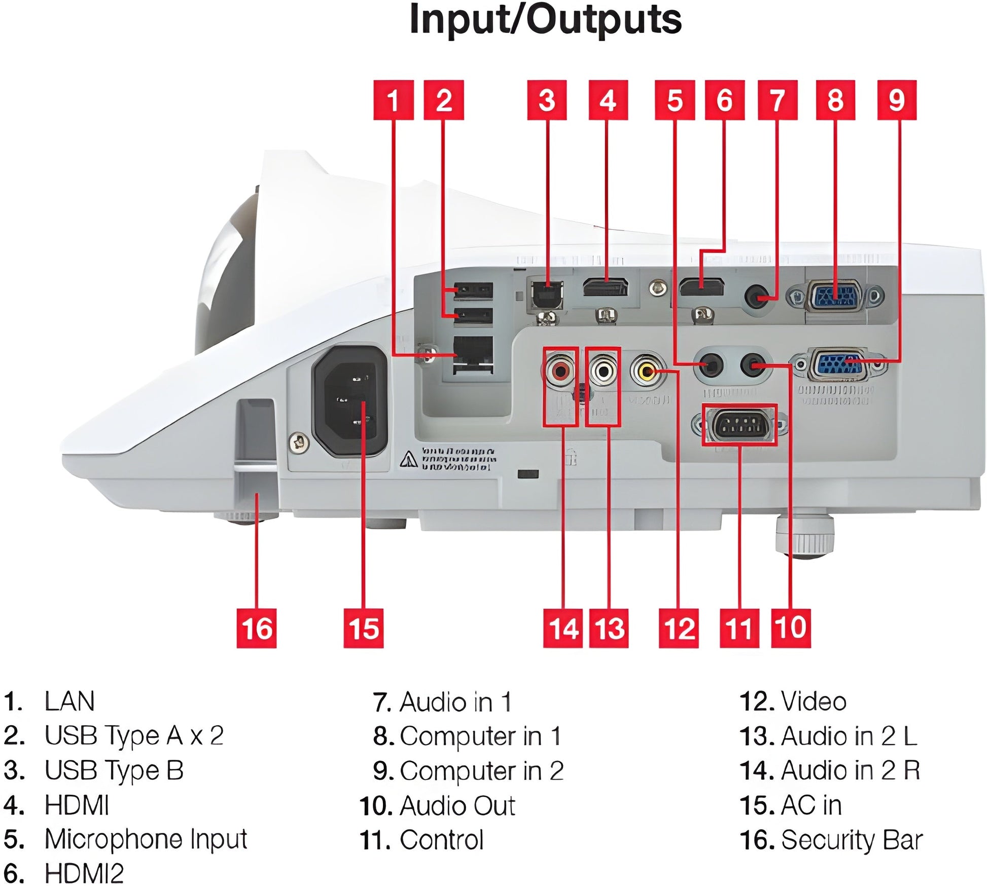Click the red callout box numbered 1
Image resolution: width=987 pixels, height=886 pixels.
(393, 100)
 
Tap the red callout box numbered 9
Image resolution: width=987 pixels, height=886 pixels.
(897, 100)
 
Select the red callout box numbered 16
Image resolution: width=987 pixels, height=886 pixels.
(257, 629)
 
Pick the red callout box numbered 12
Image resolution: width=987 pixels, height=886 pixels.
(679, 629)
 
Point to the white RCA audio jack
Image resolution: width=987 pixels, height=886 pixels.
(603, 371)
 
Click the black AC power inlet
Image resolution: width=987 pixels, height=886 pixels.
(350, 400)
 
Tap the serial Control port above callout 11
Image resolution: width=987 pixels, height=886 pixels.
(739, 425)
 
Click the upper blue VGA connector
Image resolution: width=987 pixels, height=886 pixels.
(835, 296)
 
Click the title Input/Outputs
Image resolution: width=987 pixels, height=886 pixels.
(545, 19)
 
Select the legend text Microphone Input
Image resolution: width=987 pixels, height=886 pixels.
(146, 839)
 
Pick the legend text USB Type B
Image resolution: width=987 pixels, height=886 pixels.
(114, 770)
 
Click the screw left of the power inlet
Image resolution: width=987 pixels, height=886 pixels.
(299, 444)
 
